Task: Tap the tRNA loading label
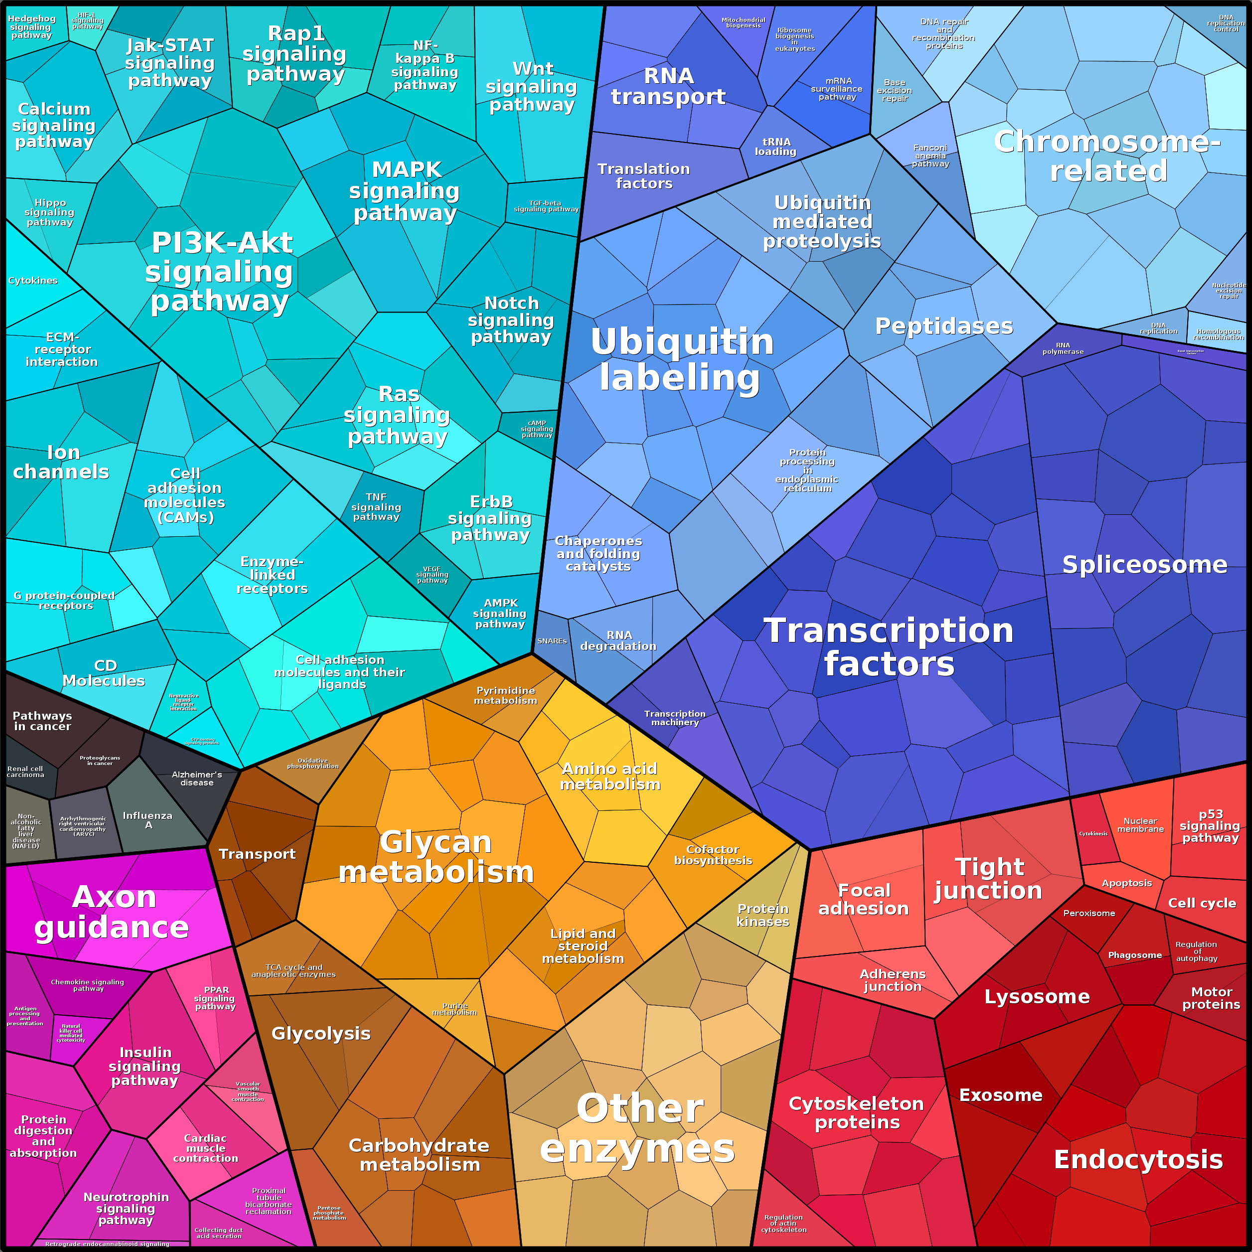click(x=776, y=147)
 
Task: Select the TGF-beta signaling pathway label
click(x=546, y=206)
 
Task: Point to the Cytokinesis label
click(x=1093, y=833)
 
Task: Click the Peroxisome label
click(x=1089, y=913)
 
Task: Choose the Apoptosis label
click(x=1127, y=883)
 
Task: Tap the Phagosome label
click(x=1135, y=955)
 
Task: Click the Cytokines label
click(x=33, y=281)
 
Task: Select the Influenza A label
click(x=148, y=820)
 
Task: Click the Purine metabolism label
click(x=454, y=1009)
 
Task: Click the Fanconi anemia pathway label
click(x=930, y=156)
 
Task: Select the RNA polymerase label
click(x=1063, y=349)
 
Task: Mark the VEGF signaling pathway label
click(x=432, y=575)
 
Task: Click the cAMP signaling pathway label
click(x=537, y=429)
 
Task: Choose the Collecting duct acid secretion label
click(x=218, y=1233)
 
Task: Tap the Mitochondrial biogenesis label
click(x=743, y=23)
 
